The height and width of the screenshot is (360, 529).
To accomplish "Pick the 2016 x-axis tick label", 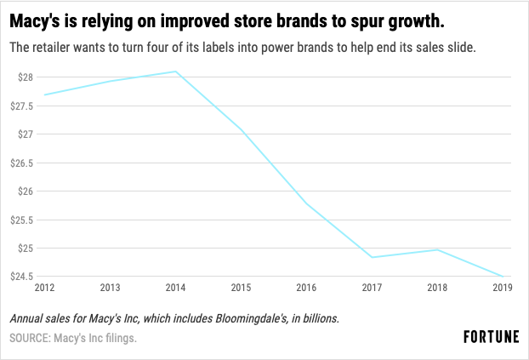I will coord(305,289).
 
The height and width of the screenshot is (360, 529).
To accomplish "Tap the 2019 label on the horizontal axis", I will coord(502,289).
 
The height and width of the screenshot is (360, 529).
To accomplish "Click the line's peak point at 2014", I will coord(175,71).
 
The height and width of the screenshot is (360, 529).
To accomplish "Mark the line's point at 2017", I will coord(371,257).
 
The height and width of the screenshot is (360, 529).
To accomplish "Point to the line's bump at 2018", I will coord(436,249).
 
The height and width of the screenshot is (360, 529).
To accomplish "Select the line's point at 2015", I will coord(241,129).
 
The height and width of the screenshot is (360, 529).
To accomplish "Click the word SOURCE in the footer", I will coord(31,339).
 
